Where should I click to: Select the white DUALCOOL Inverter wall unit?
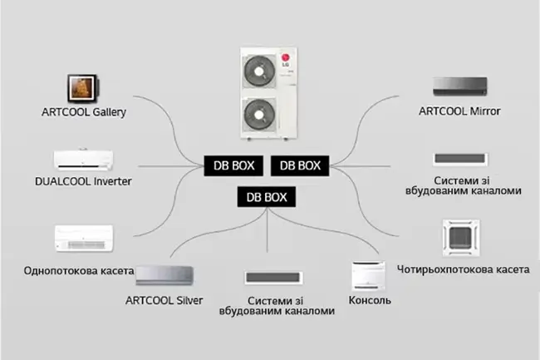point(83,159)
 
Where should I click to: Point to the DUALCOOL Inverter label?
point(83,180)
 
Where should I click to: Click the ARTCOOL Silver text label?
point(164,299)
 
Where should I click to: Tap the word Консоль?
point(371,299)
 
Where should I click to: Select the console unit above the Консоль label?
point(370,275)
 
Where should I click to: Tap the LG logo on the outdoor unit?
point(291,59)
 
